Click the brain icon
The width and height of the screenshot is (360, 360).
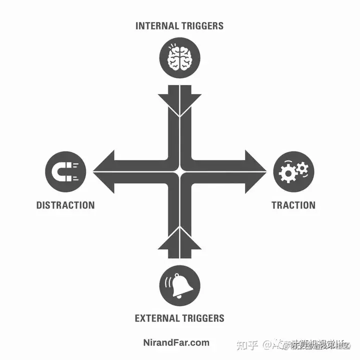pos(179,57)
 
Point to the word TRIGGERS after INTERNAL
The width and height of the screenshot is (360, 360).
pos(202,25)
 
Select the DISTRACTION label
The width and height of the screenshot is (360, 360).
pos(65,205)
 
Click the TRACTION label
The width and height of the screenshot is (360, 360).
pos(293,205)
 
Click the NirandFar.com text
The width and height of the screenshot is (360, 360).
pos(179,343)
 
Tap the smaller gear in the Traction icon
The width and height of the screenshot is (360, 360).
pos(302,166)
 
